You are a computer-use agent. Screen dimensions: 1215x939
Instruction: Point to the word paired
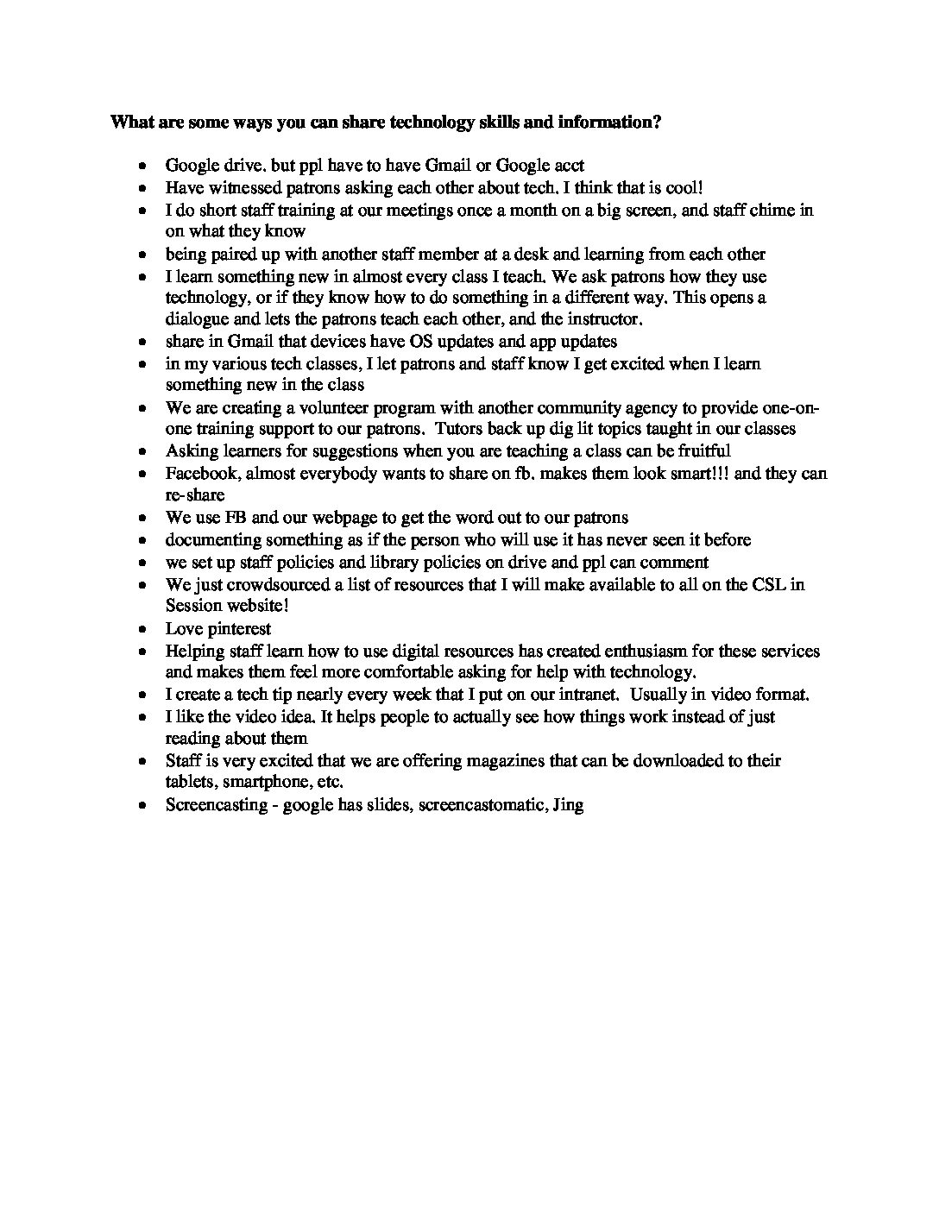(230, 254)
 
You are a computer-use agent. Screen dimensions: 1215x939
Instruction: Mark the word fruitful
(702, 450)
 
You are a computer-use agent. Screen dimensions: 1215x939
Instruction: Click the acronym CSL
(772, 584)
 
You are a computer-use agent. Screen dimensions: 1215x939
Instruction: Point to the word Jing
(567, 805)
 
